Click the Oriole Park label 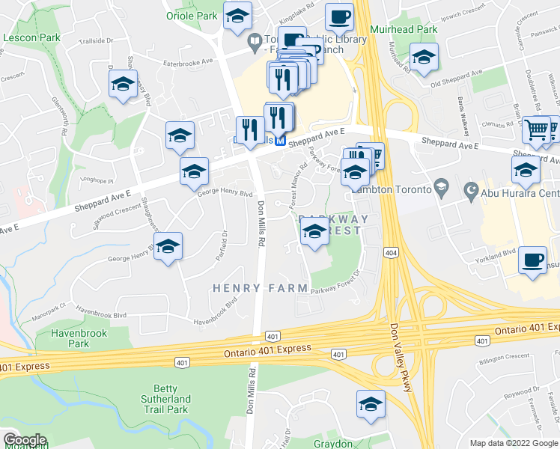(192, 16)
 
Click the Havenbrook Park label (78, 338)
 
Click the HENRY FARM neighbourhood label (260, 287)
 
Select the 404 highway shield (389, 254)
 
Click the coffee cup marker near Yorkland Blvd (532, 260)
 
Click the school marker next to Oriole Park (238, 16)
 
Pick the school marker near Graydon (370, 405)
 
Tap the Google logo (25, 439)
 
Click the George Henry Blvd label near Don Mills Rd (225, 193)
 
